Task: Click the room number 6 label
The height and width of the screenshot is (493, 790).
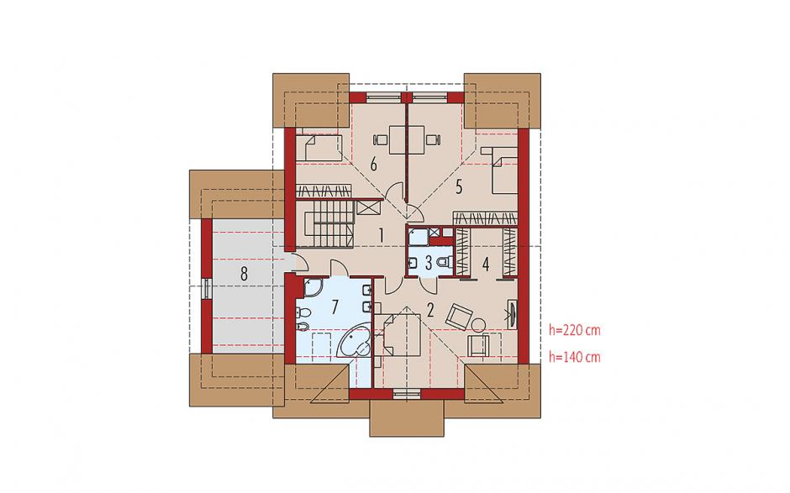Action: point(373,164)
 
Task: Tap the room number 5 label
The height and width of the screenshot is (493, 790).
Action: point(459,187)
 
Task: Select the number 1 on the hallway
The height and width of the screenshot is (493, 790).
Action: point(382,234)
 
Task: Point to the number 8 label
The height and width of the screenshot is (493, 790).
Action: point(244,274)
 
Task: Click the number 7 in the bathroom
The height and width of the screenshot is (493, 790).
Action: point(334,307)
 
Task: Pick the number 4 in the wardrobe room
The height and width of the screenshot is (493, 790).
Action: point(486,264)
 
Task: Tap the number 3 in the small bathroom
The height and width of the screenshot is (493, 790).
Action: point(429,262)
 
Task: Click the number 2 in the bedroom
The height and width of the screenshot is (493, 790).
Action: point(429,310)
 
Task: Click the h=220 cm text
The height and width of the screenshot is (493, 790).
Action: point(575,330)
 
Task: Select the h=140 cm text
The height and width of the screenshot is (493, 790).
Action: point(575,357)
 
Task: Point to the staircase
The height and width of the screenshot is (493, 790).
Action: point(328,223)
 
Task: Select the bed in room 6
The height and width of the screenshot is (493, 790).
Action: point(318,148)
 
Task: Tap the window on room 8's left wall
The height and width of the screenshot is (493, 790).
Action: point(207,289)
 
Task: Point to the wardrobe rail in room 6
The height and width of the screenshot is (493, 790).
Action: point(323,191)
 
